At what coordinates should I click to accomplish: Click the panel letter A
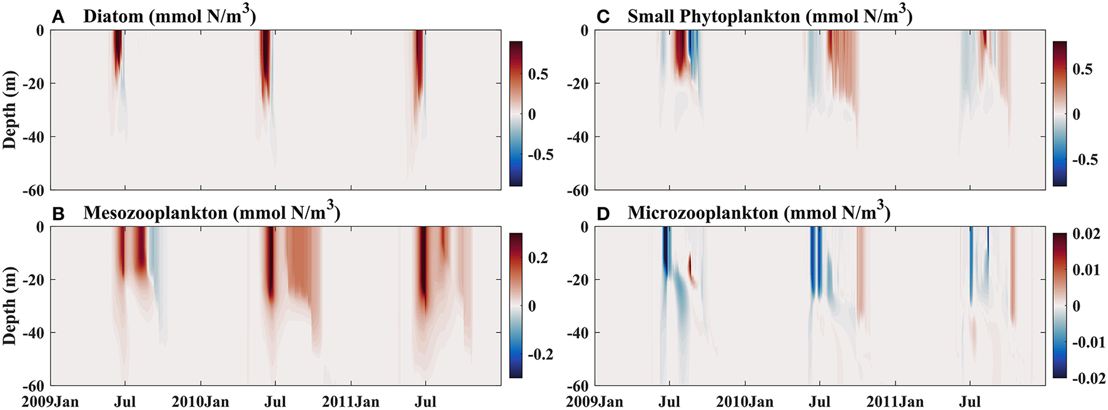[x=58, y=17]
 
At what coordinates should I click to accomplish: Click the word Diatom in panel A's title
[x=113, y=17]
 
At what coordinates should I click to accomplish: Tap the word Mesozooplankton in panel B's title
[x=155, y=214]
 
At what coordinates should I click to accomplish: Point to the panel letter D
[x=603, y=214]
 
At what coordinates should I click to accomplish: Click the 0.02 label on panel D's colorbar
[x=1086, y=234]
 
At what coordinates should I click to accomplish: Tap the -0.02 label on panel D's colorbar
[x=1088, y=378]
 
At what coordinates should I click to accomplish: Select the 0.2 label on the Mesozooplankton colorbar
[x=538, y=258]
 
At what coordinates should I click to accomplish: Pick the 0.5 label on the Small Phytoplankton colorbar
[x=1082, y=69]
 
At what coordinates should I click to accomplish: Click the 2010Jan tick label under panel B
[x=200, y=402]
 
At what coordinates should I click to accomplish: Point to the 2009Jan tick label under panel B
[x=50, y=402]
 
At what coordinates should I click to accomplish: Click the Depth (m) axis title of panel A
[x=9, y=109]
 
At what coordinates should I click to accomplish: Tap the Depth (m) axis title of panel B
[x=9, y=306]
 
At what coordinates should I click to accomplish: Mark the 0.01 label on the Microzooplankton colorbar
[x=1086, y=270]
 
